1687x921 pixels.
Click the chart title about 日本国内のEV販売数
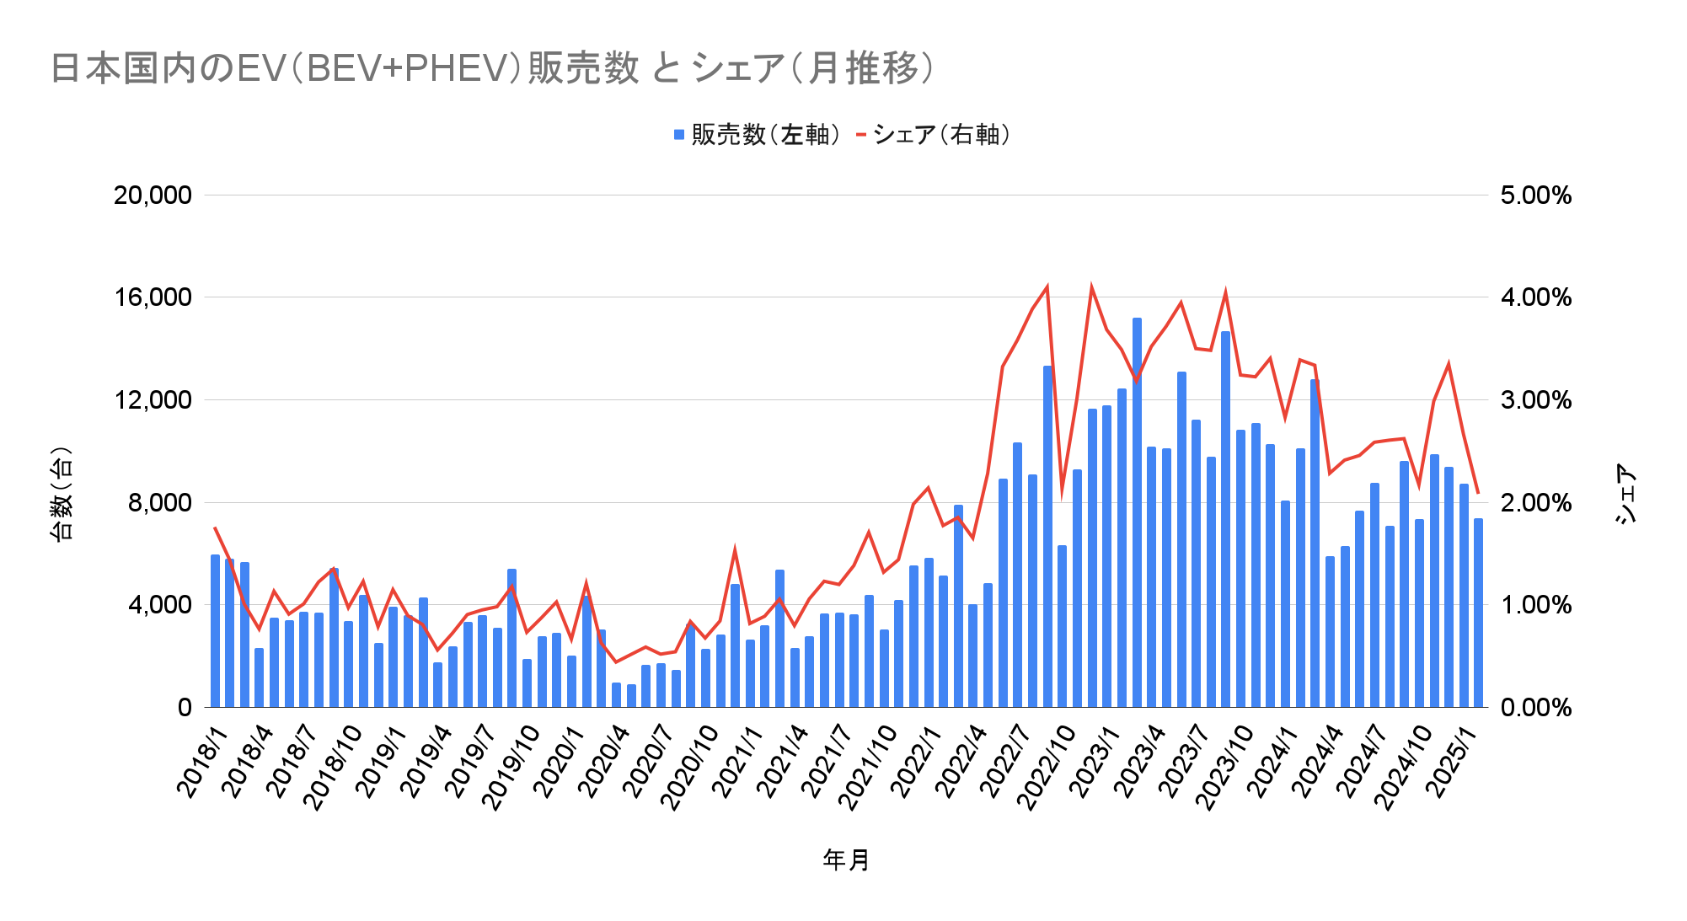click(492, 68)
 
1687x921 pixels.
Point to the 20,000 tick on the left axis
click(153, 195)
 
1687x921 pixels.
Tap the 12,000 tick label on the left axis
click(153, 400)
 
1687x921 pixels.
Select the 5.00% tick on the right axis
click(1535, 195)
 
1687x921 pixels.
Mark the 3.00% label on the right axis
click(1535, 400)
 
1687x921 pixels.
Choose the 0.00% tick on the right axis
click(1535, 708)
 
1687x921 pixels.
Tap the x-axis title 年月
click(846, 859)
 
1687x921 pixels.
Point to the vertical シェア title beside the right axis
click(1625, 495)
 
